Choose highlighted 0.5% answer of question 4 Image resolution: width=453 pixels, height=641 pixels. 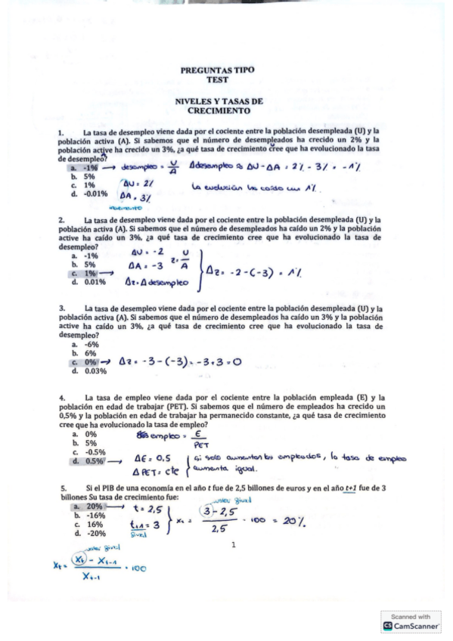click(90, 460)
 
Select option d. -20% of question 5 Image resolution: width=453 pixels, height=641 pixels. click(90, 533)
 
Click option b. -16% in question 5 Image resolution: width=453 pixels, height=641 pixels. click(90, 515)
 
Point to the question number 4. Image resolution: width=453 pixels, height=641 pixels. click(61, 398)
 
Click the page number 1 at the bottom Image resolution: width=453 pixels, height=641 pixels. click(234, 544)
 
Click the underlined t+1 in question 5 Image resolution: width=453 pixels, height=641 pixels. click(350, 488)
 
